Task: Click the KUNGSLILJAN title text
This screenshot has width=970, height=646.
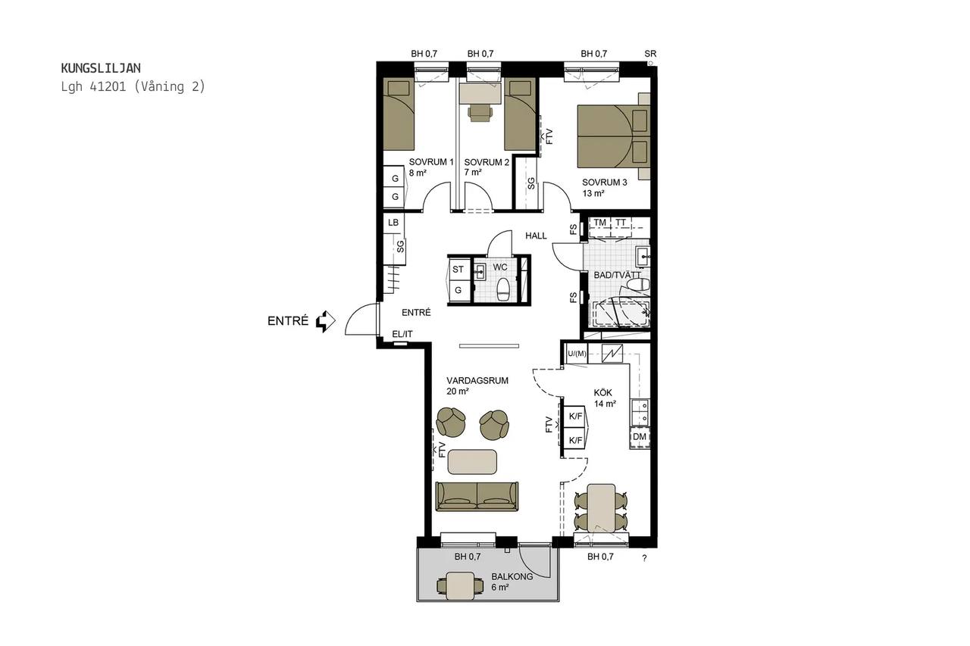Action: point(101,68)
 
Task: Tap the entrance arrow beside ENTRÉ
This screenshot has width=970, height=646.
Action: point(326,321)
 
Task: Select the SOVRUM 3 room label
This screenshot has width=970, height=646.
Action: point(604,183)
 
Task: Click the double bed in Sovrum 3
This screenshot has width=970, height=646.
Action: point(614,136)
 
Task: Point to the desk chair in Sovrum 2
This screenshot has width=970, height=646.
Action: point(480,114)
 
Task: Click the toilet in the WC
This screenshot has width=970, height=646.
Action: point(502,289)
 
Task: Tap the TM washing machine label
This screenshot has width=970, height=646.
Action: point(599,223)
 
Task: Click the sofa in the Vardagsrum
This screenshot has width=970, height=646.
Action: point(477,496)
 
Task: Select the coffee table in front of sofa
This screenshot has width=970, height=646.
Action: point(472,462)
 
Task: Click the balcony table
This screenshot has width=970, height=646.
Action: point(460,586)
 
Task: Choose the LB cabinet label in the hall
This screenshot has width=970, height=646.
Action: point(393,223)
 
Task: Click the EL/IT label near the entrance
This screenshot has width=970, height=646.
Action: point(402,334)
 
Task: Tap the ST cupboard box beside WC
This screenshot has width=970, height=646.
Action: point(458,270)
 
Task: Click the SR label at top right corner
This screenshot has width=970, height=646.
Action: point(650,54)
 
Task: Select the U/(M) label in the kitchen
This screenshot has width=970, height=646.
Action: point(577,354)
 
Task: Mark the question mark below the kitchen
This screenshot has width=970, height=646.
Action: point(644,558)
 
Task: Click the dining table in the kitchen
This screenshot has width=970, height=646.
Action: point(601,508)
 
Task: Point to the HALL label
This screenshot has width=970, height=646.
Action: point(536,236)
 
